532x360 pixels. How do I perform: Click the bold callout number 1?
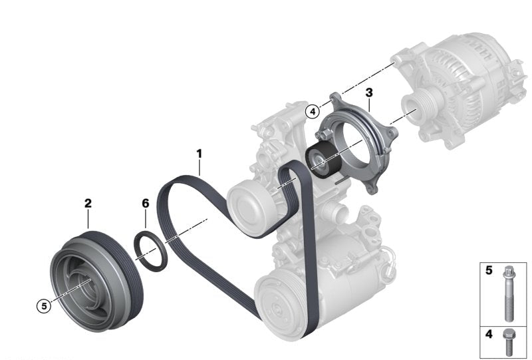[199, 154]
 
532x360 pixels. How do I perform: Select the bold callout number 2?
[88, 204]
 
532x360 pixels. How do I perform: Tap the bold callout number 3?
[369, 92]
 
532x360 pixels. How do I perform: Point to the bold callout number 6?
[146, 204]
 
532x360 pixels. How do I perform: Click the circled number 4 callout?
[312, 111]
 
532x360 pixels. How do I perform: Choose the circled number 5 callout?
[44, 306]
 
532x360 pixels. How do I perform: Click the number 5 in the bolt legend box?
[489, 270]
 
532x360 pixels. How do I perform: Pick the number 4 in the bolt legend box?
[489, 334]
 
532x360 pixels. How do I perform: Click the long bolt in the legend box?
[509, 293]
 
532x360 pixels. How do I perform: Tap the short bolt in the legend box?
[508, 342]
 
